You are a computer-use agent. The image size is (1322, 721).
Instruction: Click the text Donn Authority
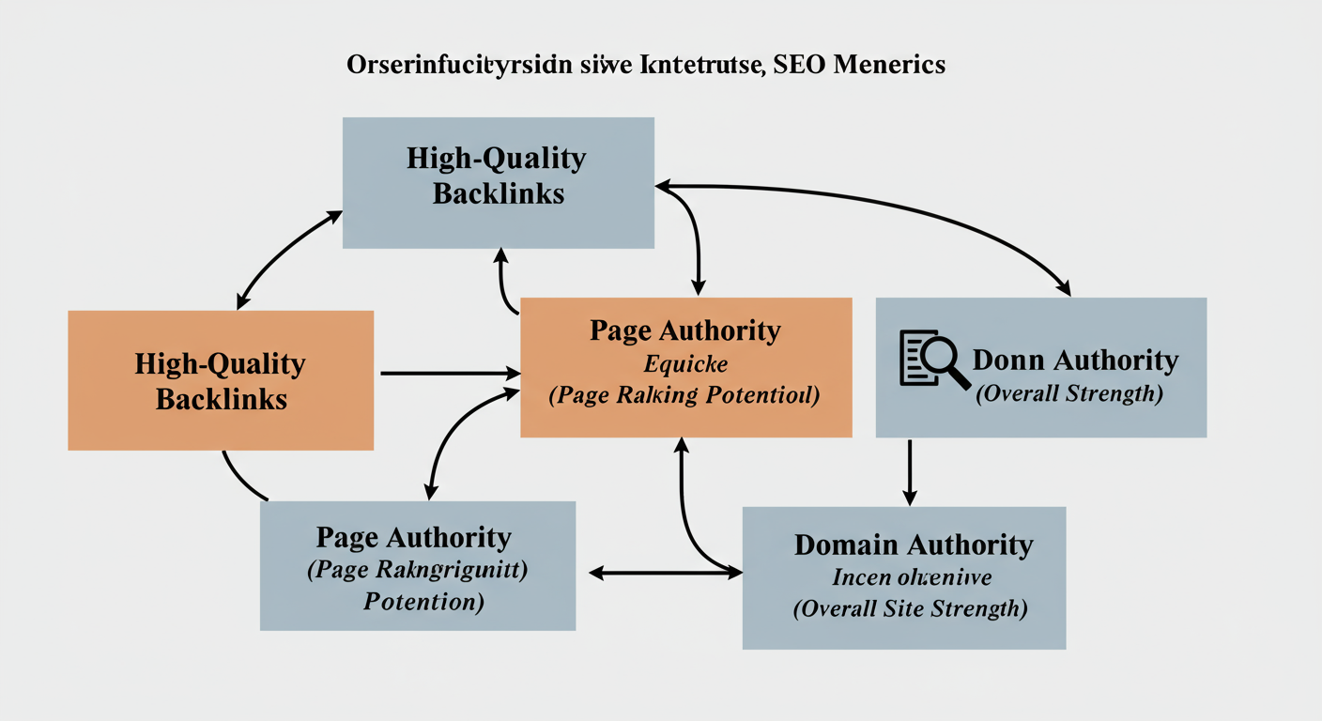point(1075,360)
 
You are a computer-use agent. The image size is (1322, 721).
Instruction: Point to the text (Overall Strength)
point(1068,393)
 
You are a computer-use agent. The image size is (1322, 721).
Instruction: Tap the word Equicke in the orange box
point(685,363)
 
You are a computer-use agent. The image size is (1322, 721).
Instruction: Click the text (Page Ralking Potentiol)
point(684,395)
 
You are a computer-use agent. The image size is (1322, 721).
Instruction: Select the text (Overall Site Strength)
point(911,608)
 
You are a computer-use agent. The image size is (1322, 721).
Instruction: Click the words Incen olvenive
point(912,576)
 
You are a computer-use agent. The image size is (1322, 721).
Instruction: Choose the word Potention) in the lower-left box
point(423,600)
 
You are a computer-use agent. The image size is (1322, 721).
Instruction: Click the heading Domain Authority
point(913,545)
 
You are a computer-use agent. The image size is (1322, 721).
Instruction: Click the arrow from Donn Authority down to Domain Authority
point(909,472)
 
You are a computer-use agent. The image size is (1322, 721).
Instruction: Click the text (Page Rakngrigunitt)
point(417,569)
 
